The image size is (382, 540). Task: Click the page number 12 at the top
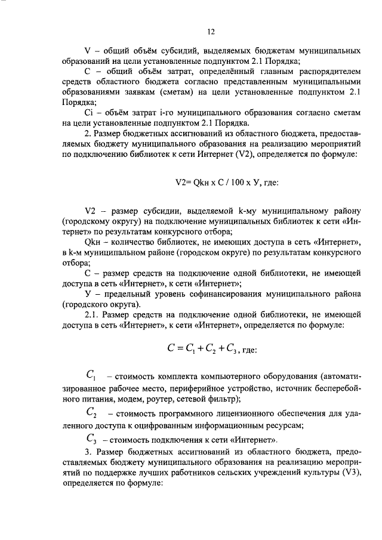pyautogui.click(x=211, y=32)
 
